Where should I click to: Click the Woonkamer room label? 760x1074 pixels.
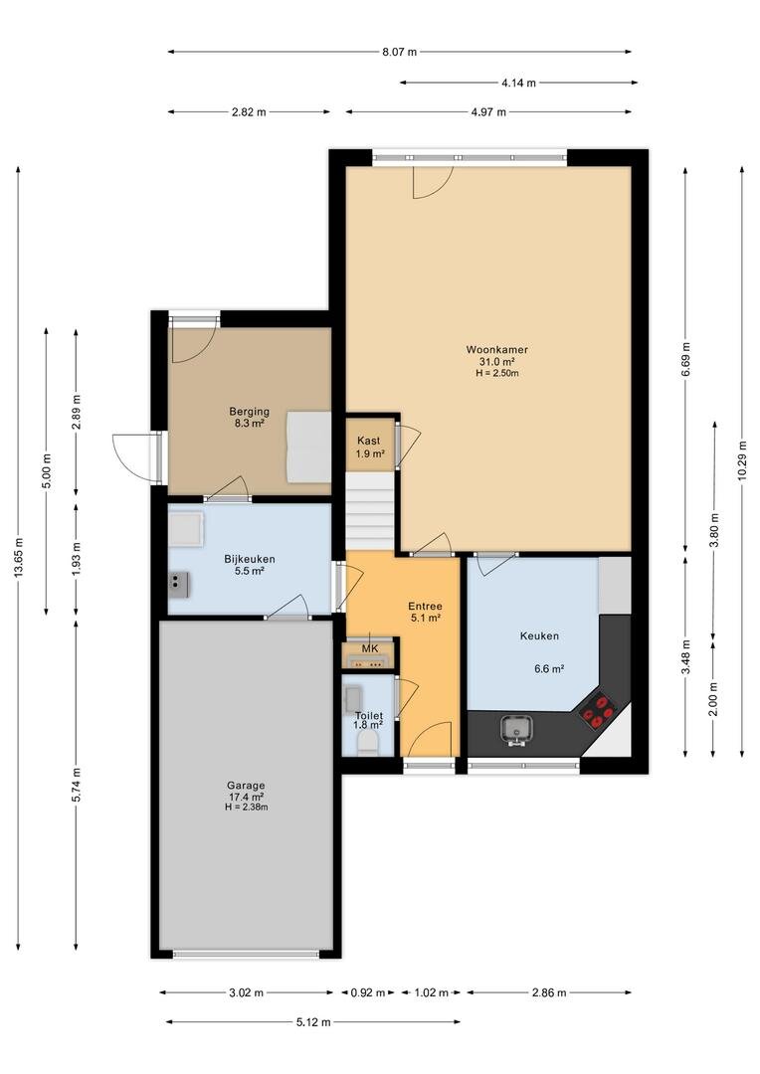pos(496,349)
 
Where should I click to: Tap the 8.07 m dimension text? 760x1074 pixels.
pos(400,52)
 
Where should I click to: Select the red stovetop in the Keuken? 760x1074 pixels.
pos(598,710)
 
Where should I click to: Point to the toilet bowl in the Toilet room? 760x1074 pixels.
pos(369,742)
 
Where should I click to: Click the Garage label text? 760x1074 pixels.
pos(246,786)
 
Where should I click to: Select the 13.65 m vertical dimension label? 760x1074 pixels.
pos(18,558)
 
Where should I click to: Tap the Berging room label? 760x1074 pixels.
pos(249,412)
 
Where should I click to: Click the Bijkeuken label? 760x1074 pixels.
pos(250,559)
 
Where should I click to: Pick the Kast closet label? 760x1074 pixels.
pos(369,441)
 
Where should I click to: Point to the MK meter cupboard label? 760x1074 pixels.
pos(370,648)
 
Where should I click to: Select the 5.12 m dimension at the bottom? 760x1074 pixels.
pos(313,1022)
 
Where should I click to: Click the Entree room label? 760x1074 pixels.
pos(425,607)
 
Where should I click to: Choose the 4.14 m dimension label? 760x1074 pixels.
pos(519,83)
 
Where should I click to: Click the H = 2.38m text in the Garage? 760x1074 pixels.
pos(246,806)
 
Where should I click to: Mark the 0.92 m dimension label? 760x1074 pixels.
pos(368,992)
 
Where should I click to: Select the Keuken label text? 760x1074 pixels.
pos(539,635)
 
